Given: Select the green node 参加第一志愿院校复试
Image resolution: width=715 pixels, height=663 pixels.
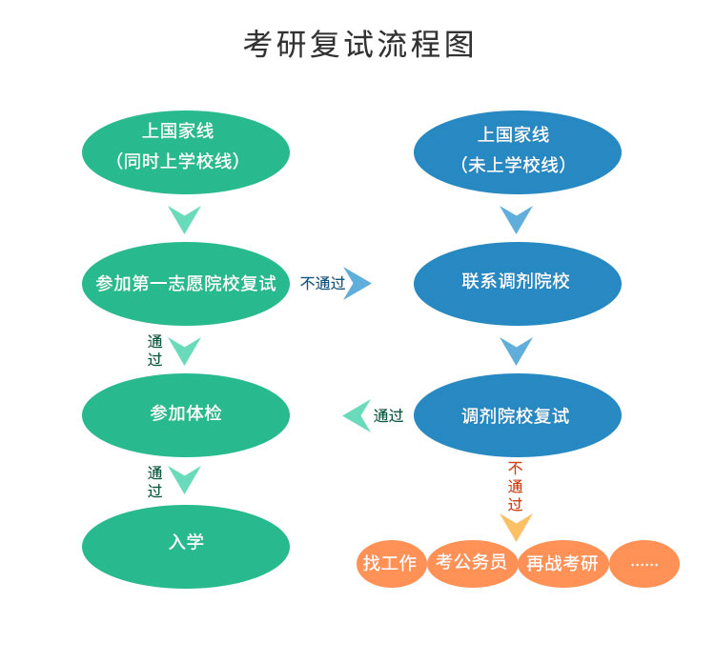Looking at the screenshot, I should [x=186, y=284].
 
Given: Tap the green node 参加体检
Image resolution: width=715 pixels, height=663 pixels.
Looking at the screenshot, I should [x=186, y=414].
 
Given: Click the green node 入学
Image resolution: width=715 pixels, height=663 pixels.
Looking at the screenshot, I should [x=186, y=543].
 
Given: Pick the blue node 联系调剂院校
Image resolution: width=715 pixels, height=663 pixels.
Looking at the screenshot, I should [x=517, y=282].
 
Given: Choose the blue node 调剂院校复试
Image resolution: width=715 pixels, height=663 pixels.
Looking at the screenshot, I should [x=517, y=415].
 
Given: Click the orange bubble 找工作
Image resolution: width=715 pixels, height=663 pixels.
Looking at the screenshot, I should [x=390, y=563].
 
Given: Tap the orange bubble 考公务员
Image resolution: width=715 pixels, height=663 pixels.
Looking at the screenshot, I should [x=471, y=562].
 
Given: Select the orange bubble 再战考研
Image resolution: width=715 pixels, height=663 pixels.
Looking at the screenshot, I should [x=562, y=563].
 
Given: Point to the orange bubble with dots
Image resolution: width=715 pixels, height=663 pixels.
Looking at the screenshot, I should [x=644, y=563].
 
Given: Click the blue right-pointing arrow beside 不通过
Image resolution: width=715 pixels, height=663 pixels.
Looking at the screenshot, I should [x=358, y=283].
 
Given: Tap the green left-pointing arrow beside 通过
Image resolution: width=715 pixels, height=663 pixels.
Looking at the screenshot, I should [x=357, y=415].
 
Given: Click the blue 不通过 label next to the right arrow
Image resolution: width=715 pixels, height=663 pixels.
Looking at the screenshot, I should [x=322, y=284].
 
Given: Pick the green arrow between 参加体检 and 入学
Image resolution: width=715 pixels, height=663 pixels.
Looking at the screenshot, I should [x=184, y=479].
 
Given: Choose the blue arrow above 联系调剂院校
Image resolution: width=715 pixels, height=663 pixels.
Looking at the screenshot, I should [x=516, y=219].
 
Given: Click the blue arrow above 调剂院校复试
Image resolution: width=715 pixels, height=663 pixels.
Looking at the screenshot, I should [x=516, y=351].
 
